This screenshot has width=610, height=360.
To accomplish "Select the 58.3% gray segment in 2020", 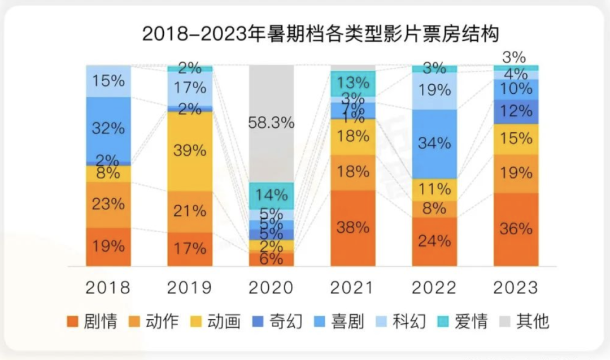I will pyautogui.click(x=272, y=123).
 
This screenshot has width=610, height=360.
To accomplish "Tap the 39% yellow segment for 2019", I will pyautogui.click(x=190, y=151).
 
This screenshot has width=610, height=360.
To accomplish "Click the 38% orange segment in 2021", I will pyautogui.click(x=353, y=228).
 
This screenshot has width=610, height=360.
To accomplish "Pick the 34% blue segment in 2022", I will pyautogui.click(x=434, y=144).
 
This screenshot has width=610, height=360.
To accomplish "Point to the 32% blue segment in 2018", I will pyautogui.click(x=108, y=129).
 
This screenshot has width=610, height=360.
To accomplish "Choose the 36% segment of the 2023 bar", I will pyautogui.click(x=516, y=229).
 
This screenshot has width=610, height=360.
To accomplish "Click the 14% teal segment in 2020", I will pyautogui.click(x=272, y=196).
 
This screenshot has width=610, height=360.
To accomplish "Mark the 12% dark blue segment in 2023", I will pyautogui.click(x=516, y=111).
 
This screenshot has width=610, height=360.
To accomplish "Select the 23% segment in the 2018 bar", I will pyautogui.click(x=108, y=205).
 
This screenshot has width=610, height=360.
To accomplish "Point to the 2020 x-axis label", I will pyautogui.click(x=272, y=288).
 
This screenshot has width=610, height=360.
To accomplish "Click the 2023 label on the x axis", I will pyautogui.click(x=516, y=288).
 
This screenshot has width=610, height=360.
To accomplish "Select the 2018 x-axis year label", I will pyautogui.click(x=108, y=288).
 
